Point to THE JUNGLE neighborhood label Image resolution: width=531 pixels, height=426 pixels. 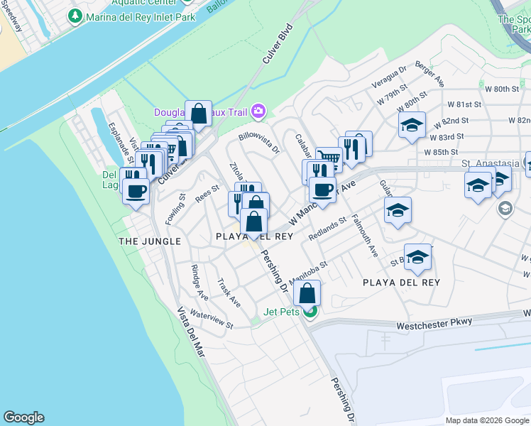coord(150,241)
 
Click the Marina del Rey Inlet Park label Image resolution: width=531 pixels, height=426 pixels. coord(141,15)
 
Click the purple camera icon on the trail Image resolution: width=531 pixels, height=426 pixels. coord(258,110)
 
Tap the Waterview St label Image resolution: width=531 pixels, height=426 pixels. coord(212,319)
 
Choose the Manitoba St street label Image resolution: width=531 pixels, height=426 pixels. coord(307,272)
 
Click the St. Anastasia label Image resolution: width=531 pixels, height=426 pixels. coord(486,163)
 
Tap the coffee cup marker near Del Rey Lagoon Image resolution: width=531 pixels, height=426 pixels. coord(136,190)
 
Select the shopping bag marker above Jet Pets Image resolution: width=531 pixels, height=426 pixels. coord(307,293)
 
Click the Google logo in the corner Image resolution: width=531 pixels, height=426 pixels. coord(23,417)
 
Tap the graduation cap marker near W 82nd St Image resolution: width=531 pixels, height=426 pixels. coord(412,125)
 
